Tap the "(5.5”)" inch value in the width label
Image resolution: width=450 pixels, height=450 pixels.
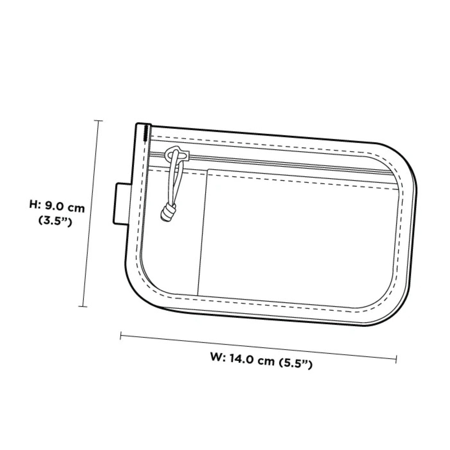tap(296, 364)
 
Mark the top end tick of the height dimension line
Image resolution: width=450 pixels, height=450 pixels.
tap(98, 121)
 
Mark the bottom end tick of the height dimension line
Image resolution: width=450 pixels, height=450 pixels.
tap(82, 306)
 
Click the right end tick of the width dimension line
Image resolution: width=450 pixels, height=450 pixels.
tap(397, 358)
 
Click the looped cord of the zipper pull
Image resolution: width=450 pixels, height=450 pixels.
tap(174, 180)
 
